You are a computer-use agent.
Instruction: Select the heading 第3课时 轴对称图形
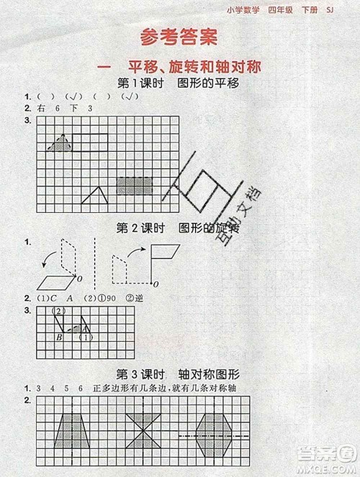(x=178, y=373)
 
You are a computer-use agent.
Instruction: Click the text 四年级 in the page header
(x=295, y=10)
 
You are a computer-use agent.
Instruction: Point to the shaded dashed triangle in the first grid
(x=60, y=143)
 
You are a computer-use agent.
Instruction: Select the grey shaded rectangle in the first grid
(x=135, y=186)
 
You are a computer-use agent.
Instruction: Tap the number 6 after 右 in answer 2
(x=55, y=109)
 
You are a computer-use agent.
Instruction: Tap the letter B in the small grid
(x=59, y=336)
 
